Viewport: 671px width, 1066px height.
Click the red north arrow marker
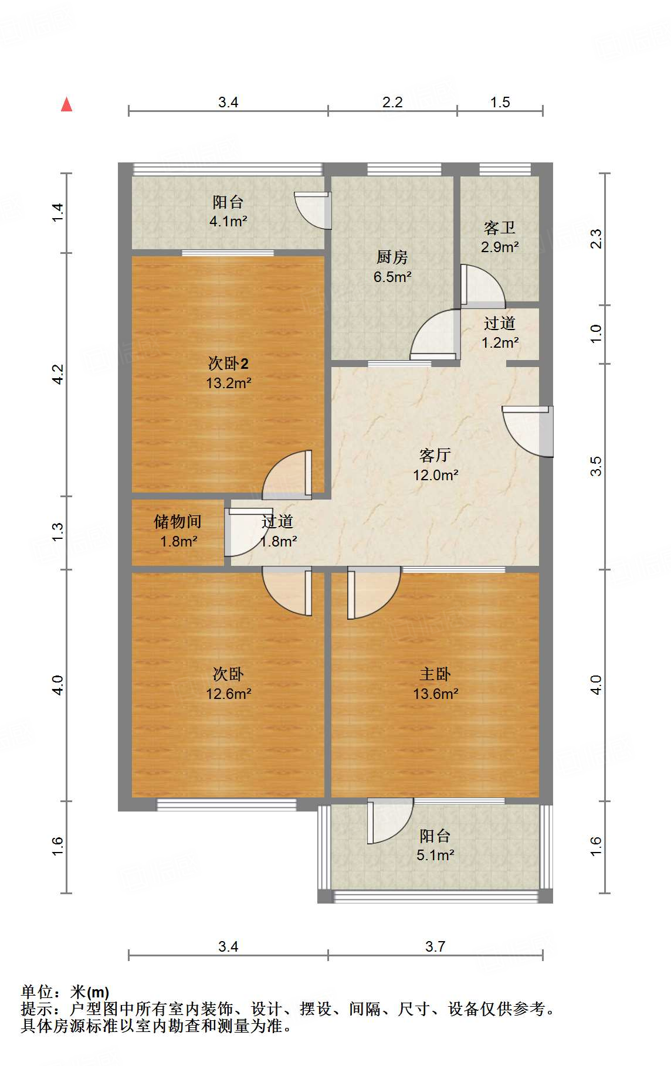(x=67, y=104)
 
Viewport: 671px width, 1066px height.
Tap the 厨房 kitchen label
(x=392, y=257)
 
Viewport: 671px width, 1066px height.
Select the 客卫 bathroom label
(x=499, y=228)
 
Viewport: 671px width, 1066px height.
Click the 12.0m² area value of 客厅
(x=435, y=475)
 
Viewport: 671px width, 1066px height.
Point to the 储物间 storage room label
(x=178, y=521)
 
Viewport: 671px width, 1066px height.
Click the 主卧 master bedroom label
(x=435, y=674)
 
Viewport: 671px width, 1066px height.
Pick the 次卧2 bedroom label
(x=228, y=364)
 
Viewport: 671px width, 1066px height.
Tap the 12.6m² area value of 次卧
(x=228, y=694)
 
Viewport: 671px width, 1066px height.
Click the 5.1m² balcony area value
(x=435, y=855)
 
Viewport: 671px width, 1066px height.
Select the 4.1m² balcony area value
(x=228, y=222)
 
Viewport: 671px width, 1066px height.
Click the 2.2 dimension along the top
(x=392, y=102)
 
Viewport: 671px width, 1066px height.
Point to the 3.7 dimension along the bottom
(x=435, y=946)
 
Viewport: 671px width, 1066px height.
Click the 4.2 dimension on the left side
(x=57, y=374)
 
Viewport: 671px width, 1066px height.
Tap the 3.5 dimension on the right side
(x=596, y=466)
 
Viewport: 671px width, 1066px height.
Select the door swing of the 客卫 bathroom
(x=482, y=286)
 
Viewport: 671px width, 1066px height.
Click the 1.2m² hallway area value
(x=500, y=343)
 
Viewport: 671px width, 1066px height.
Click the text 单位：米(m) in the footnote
(x=65, y=992)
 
